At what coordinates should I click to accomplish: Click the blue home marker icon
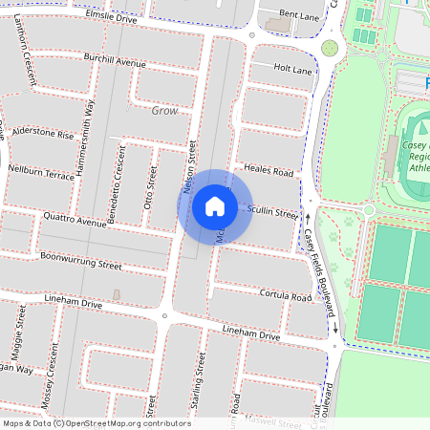215,205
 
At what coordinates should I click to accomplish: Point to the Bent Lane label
299,17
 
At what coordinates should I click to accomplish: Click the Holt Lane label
293,70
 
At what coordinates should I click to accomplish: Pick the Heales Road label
269,171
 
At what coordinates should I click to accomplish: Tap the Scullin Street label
274,212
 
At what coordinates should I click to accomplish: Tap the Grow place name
165,111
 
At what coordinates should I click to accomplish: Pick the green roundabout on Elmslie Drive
330,48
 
